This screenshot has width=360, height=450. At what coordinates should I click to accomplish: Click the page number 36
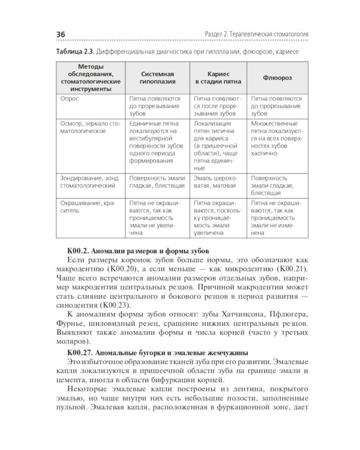point(61,34)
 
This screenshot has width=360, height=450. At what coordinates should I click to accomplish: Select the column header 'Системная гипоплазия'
point(158,77)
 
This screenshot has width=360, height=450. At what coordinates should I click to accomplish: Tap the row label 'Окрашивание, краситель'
point(87,208)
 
